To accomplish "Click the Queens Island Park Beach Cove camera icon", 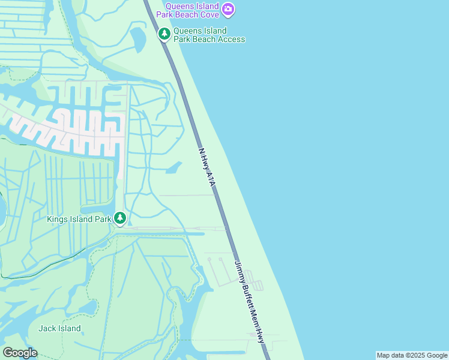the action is click(x=228, y=9).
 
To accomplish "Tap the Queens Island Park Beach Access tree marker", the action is click(x=164, y=34).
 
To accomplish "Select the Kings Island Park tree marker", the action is click(x=120, y=218).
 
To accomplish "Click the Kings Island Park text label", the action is click(x=79, y=219).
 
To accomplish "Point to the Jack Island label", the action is click(x=59, y=328).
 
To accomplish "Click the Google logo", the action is click(x=20, y=353).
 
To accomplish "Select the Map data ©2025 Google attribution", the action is click(x=412, y=355).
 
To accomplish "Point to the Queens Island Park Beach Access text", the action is click(x=209, y=35).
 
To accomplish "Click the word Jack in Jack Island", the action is click(x=47, y=328).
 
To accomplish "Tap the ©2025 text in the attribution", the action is click(x=411, y=355).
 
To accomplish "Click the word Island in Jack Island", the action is click(x=68, y=328).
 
